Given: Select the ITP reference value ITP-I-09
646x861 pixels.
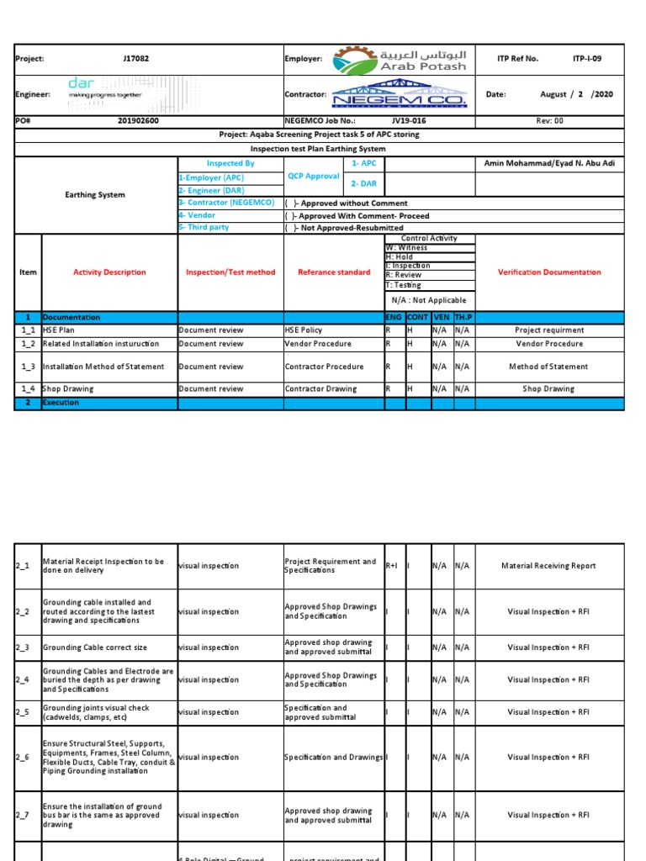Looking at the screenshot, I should click(x=586, y=59).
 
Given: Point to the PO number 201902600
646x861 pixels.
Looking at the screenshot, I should click(x=138, y=120).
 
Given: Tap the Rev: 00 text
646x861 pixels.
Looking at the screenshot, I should click(x=549, y=120).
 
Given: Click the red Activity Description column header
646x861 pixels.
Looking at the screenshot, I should click(x=109, y=272).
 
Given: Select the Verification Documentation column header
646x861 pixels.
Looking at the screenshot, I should click(x=549, y=272).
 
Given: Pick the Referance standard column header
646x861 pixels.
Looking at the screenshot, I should click(x=333, y=272).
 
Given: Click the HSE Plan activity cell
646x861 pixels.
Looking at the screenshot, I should click(x=60, y=330).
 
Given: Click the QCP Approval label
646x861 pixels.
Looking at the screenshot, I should click(x=313, y=177).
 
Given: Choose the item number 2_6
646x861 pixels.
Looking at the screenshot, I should click(x=23, y=758).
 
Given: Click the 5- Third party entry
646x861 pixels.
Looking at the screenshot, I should click(x=205, y=228).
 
